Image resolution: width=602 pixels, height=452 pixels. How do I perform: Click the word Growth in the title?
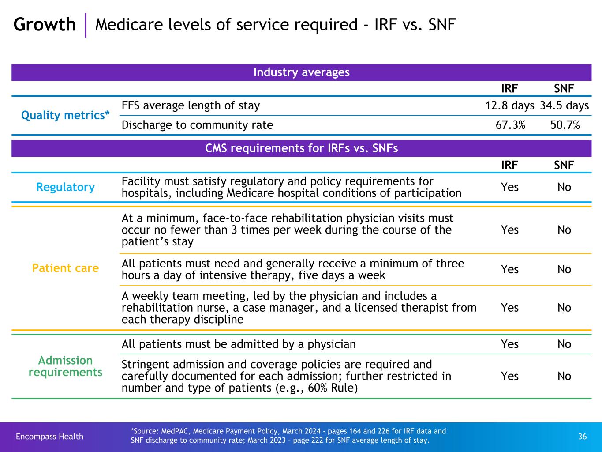pos(45,25)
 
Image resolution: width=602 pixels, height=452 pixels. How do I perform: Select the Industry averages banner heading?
pos(301,72)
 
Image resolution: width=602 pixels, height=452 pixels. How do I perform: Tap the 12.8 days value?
pos(509,106)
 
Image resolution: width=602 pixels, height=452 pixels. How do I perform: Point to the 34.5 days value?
pos(564,106)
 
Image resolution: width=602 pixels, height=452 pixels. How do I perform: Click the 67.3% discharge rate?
pos(510,125)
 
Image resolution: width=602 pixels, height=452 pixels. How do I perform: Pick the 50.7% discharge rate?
pos(565,125)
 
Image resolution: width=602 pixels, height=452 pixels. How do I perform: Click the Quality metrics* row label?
pos(66,115)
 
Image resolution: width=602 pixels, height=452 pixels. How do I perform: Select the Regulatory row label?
pos(65,187)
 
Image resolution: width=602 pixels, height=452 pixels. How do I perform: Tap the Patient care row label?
pos(65,268)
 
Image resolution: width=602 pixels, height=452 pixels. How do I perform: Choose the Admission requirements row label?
pos(65,366)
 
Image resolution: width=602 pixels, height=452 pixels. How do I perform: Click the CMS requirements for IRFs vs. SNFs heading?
pos(301,148)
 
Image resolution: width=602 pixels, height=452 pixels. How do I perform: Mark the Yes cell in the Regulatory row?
pos(509,187)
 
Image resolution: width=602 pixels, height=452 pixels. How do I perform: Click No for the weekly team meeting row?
pos(564,308)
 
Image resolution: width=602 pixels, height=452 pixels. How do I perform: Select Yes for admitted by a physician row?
pos(509,344)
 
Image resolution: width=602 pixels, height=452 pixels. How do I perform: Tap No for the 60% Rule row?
pos(564,376)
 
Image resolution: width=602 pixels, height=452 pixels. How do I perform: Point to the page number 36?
pos(582,437)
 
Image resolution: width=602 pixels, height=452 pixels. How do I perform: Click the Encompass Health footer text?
pos(49,437)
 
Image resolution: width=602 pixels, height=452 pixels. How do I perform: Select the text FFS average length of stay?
pos(191,106)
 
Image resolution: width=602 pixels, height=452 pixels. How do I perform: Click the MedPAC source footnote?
pos(288,436)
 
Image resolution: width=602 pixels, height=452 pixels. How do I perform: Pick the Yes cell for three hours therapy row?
pos(509,270)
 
